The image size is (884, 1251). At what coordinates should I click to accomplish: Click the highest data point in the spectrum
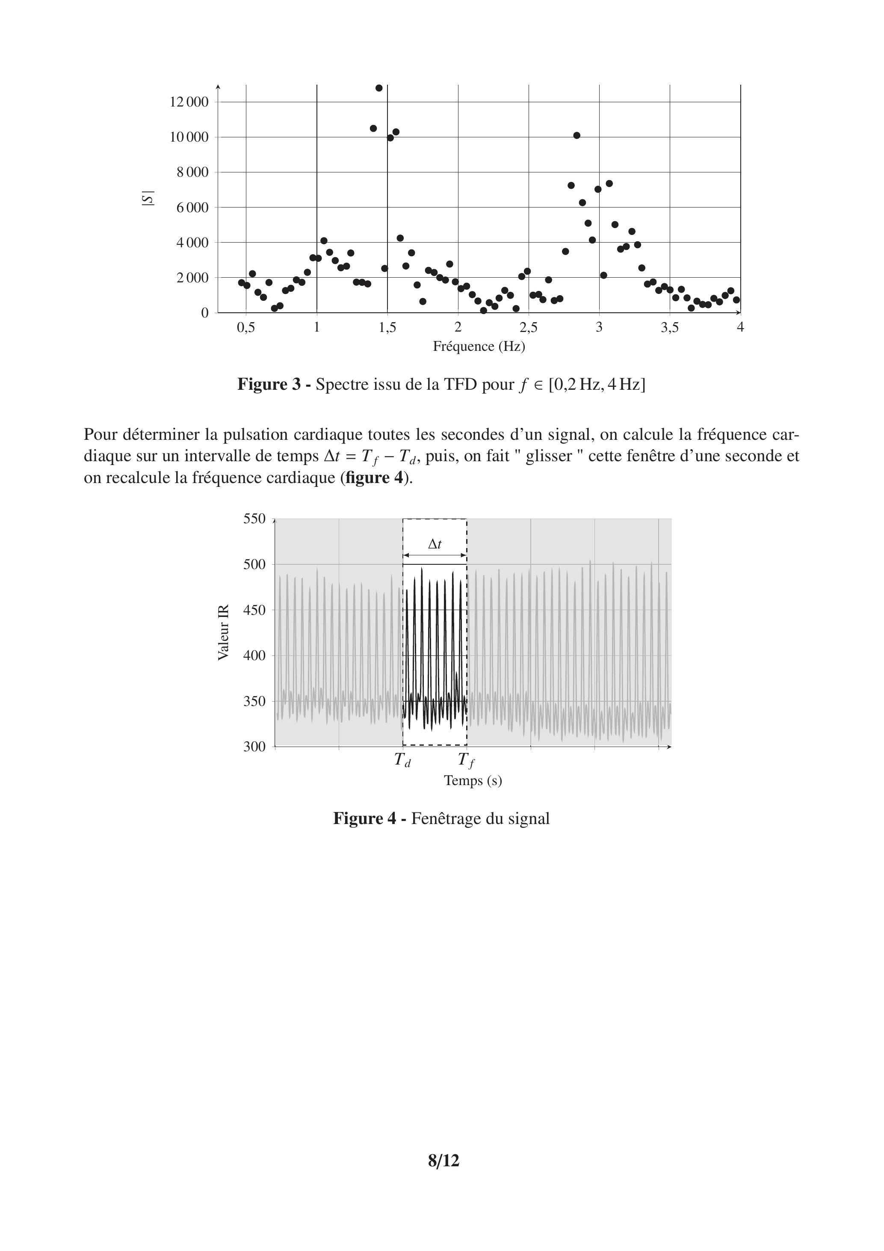tap(379, 88)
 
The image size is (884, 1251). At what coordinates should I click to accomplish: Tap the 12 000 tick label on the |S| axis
tap(189, 102)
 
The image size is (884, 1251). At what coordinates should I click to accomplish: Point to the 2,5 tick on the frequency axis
tap(528, 327)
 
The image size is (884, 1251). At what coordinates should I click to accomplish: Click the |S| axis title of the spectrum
tap(148, 199)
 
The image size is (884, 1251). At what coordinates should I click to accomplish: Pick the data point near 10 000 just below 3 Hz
tap(577, 136)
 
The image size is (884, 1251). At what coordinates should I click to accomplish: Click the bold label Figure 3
tap(269, 385)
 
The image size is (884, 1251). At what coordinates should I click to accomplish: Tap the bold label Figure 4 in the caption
tap(365, 818)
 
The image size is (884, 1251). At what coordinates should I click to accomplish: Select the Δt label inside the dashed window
tap(435, 544)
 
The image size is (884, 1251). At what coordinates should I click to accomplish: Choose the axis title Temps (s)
tap(473, 781)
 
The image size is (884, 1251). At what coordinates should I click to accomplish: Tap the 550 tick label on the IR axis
tap(254, 519)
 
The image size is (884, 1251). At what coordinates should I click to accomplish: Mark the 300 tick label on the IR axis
tap(254, 747)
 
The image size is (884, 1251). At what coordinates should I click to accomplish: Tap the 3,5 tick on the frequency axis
tap(670, 327)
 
